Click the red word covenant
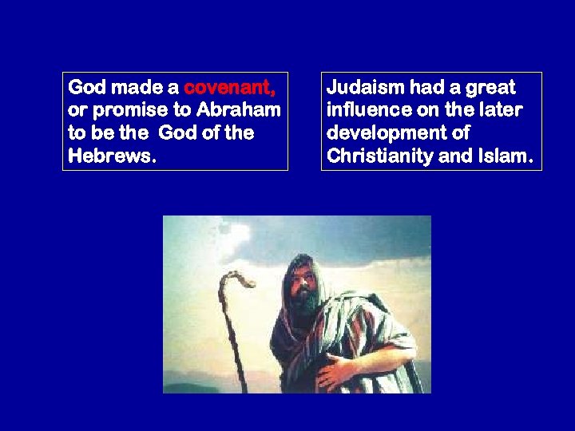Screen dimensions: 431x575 [230, 87]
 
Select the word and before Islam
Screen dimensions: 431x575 [455, 155]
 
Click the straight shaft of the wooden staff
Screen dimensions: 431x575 [232, 343]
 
